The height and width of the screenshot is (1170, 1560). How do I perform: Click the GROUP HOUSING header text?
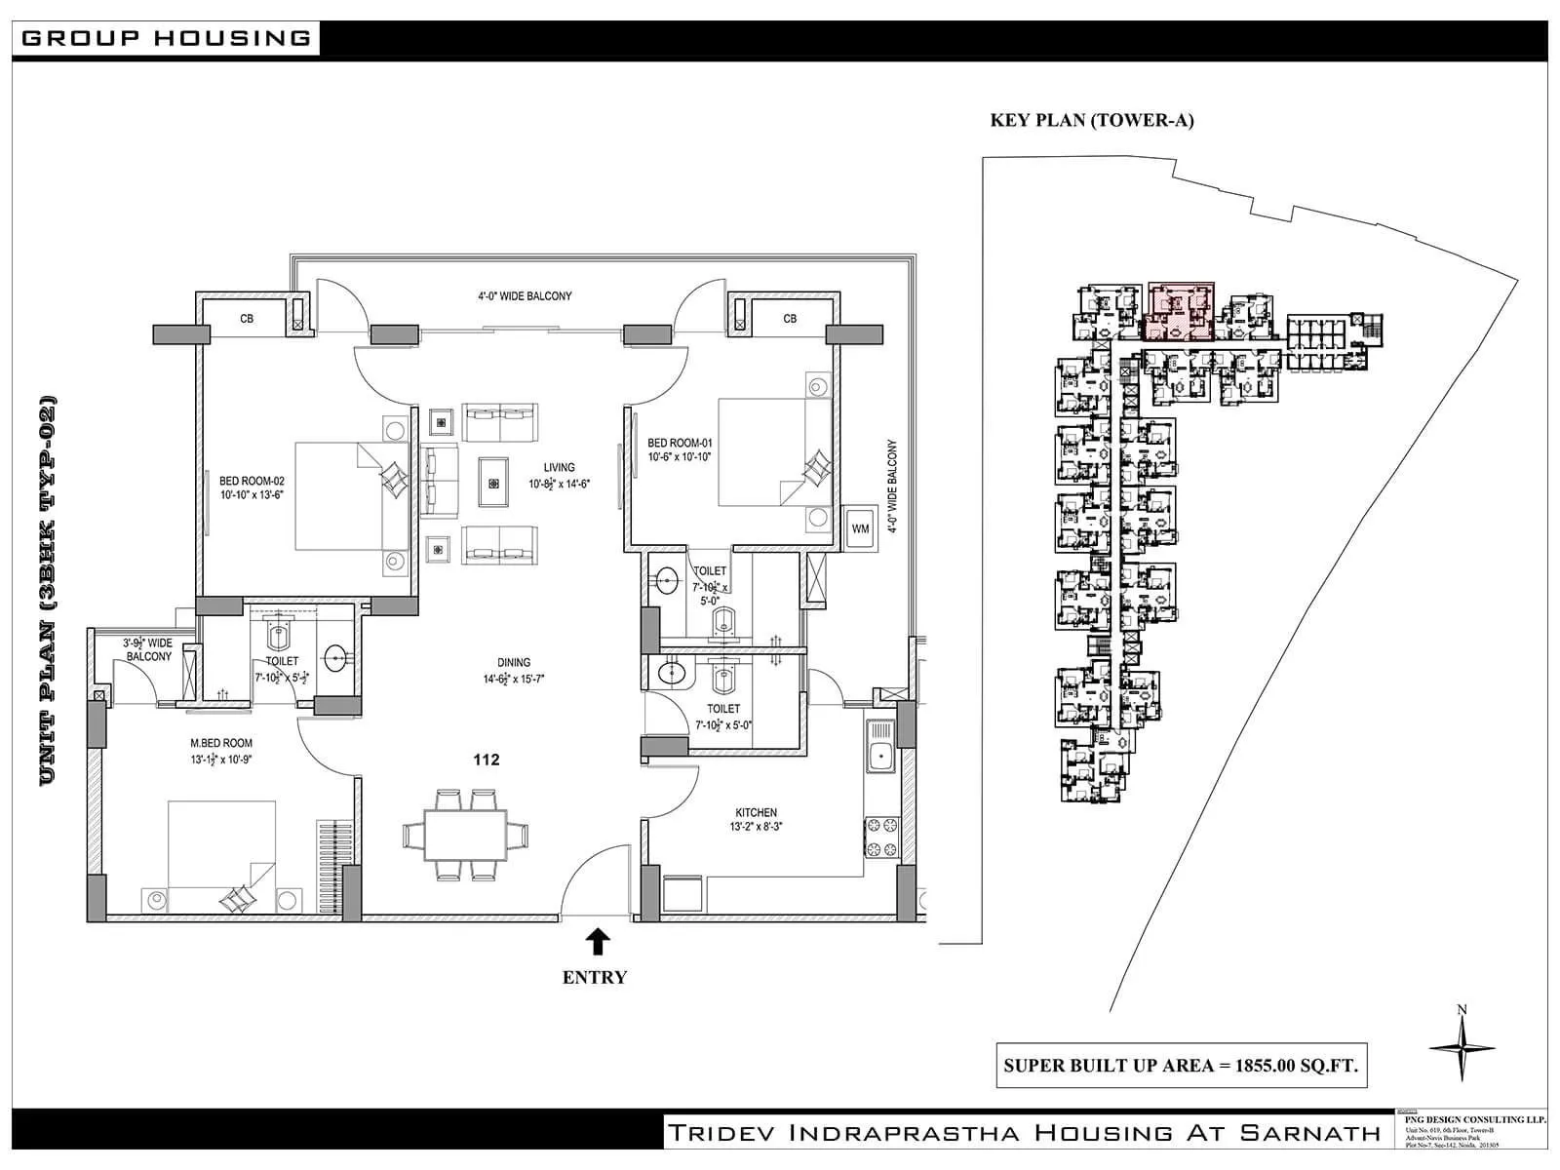(166, 38)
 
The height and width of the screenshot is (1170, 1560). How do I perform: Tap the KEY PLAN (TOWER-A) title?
(1092, 121)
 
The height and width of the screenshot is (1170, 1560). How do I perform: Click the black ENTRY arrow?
(599, 942)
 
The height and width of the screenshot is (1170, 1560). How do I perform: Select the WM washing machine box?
(860, 529)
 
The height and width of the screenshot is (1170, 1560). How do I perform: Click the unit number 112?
(486, 760)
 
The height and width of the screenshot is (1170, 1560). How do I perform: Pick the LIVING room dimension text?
(560, 484)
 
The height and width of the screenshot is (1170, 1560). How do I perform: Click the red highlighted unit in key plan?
(1181, 310)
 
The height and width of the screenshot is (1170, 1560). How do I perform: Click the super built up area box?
(1180, 1066)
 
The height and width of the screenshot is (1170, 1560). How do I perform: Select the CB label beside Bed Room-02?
(247, 319)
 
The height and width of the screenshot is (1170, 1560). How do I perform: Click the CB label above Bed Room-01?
(790, 319)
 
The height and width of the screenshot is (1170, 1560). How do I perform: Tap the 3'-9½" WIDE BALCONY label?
(147, 649)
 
